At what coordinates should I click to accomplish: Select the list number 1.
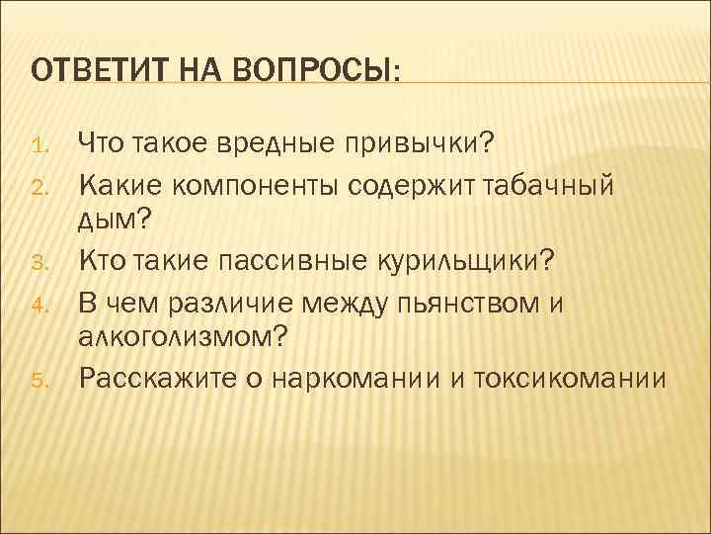39,148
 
